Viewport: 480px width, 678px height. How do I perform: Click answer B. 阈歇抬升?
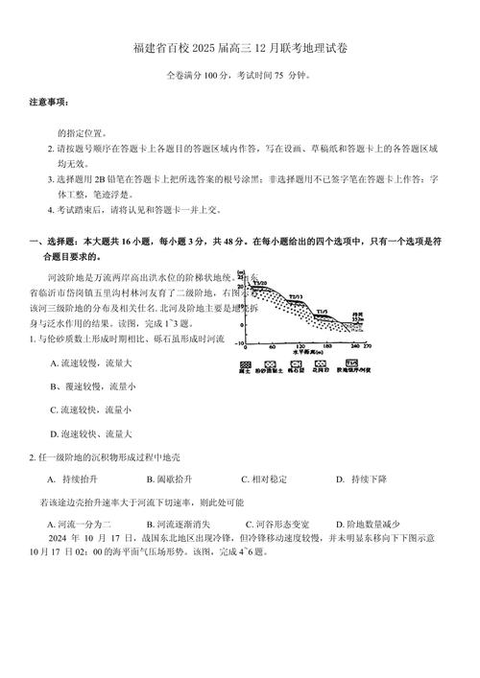170,479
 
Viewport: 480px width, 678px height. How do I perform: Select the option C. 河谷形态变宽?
278,524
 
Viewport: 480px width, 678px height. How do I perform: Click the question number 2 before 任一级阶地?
32,456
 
